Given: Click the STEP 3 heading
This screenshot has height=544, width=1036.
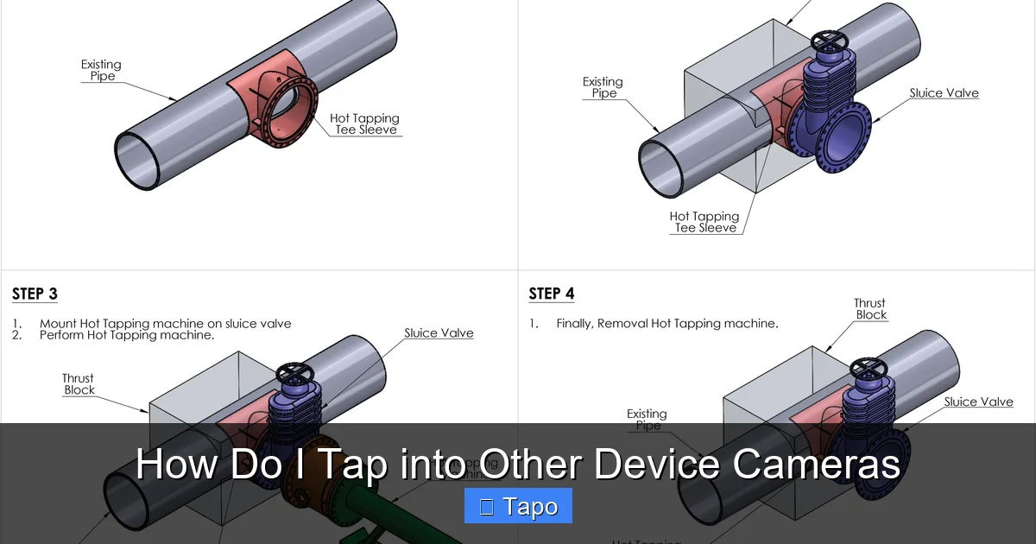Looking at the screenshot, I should coord(35,294).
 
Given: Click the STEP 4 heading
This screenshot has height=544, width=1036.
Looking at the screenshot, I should coord(551,294).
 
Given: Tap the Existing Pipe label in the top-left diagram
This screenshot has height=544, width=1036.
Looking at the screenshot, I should coord(101,70).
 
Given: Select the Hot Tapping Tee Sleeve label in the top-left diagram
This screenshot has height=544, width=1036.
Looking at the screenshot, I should coord(365,124).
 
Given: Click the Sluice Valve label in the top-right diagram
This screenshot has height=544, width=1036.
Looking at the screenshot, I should coord(944,93).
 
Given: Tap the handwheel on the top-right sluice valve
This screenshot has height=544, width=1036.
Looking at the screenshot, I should coord(830,41).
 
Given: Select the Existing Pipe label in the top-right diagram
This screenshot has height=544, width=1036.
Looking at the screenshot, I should coord(603,87).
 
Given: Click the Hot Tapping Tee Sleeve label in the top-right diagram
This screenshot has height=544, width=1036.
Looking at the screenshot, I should coord(704,222).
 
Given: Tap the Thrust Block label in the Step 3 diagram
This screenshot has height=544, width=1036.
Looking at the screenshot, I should coord(78,384).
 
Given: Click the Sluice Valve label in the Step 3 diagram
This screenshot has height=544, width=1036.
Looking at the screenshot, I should coord(439,333).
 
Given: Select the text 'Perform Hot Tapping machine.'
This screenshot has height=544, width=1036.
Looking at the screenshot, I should coord(127,335).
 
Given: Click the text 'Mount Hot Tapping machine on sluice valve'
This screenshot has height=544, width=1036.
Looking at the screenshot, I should coord(165,324).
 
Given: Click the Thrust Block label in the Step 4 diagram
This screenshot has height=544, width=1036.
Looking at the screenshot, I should coord(869,309).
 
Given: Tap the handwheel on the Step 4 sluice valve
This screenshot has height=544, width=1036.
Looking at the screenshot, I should coord(867,370).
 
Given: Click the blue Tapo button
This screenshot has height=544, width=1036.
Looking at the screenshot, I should coord(518,506).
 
